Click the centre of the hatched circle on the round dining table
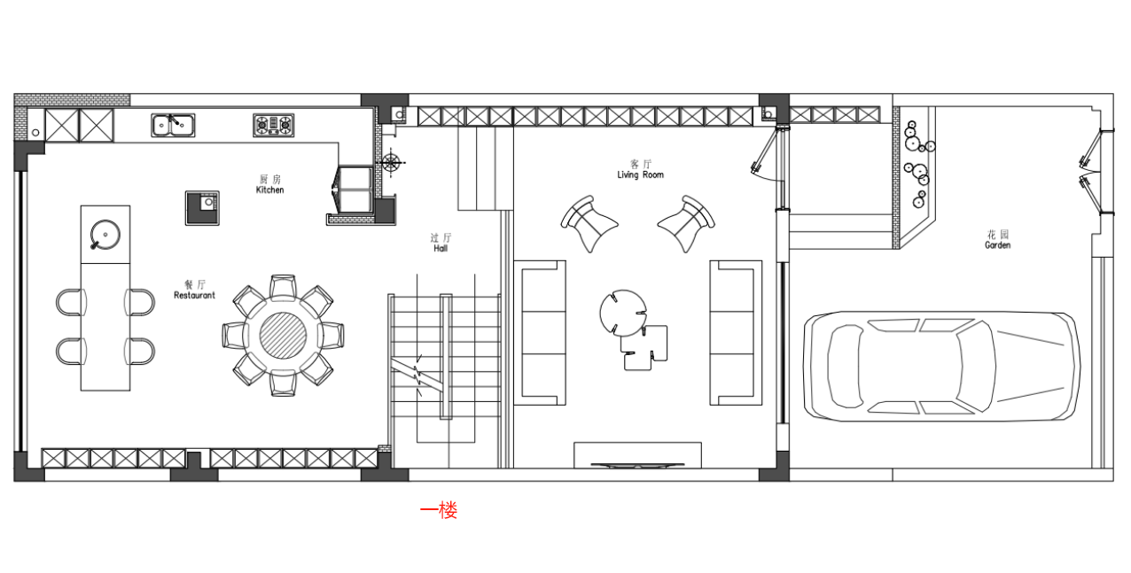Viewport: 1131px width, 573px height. [283, 336]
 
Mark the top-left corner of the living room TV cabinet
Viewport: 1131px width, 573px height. [574, 443]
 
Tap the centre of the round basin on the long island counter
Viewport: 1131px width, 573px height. [105, 235]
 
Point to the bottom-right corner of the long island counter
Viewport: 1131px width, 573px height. [130, 391]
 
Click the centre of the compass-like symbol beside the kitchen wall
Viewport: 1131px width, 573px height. [391, 163]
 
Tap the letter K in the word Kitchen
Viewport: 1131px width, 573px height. [259, 190]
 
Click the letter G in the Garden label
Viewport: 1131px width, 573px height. [987, 245]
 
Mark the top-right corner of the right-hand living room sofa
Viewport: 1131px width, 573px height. [762, 260]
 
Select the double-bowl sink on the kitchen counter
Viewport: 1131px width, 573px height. [173, 125]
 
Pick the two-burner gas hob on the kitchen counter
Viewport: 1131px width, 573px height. [273, 125]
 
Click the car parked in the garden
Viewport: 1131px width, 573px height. [941, 366]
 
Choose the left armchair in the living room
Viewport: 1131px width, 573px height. [589, 223]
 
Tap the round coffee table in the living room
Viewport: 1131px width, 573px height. [623, 313]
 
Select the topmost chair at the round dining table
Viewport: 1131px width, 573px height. [283, 287]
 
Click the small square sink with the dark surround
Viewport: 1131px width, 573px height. [202, 208]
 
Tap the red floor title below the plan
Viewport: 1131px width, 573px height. [438, 510]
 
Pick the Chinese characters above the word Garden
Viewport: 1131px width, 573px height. [998, 235]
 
